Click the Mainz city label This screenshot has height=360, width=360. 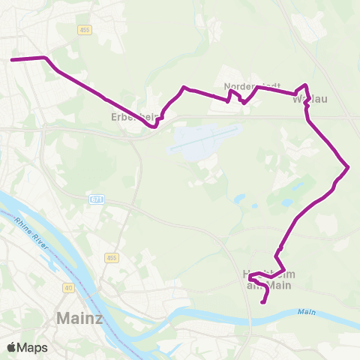(79, 318)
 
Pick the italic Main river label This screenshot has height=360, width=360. (305, 312)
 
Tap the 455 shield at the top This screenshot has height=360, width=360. (85, 28)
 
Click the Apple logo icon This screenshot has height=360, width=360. (11, 347)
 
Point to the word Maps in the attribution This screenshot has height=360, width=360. (32, 347)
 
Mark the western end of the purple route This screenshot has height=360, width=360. (12, 60)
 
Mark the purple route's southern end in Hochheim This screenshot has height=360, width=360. (262, 302)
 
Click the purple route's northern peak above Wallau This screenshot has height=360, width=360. (306, 85)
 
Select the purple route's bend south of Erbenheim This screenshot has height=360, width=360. (154, 127)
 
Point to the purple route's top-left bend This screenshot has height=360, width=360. (47, 58)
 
